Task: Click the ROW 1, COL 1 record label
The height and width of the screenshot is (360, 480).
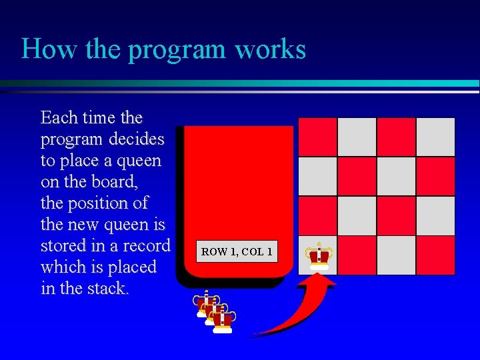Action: coord(237,252)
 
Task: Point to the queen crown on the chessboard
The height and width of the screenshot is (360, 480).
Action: coord(319,256)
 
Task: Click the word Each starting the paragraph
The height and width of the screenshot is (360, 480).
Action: coord(59,118)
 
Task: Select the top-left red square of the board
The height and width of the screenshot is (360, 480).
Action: coord(317,137)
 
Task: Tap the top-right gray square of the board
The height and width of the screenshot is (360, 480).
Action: coord(435,137)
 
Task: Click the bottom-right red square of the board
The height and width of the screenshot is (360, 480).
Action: coord(435,255)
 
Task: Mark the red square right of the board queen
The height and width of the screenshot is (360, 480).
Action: coord(357,255)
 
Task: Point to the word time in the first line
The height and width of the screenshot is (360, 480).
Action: coord(98,118)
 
